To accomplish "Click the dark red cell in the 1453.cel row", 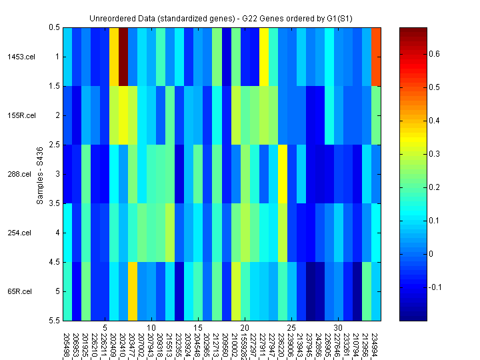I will (123, 57).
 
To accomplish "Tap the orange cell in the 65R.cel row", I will (133, 291).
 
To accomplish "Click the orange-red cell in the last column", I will (377, 57).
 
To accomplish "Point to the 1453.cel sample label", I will (21, 57).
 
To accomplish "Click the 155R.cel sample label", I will (21, 115).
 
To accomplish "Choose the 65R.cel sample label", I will (21, 291).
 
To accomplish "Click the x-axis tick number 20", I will (245, 328).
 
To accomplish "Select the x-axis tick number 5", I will (105, 328).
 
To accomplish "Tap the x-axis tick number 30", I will (339, 328).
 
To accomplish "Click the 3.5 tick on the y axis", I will (53, 203).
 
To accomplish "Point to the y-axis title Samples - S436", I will (40, 174).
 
